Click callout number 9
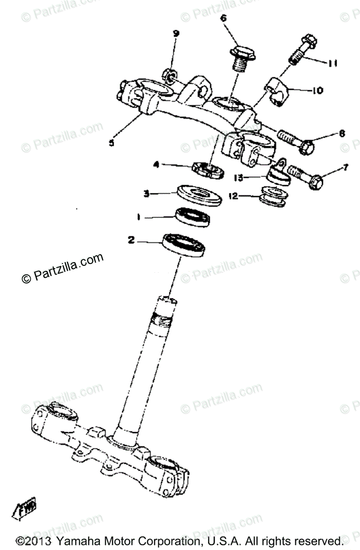(x=176, y=33)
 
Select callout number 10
(x=317, y=90)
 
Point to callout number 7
(x=345, y=168)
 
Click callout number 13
(x=239, y=177)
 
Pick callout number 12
(x=234, y=196)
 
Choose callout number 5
(x=111, y=143)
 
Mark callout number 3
(x=147, y=194)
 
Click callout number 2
(x=131, y=239)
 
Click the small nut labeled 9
(x=169, y=74)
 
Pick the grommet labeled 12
(x=274, y=196)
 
